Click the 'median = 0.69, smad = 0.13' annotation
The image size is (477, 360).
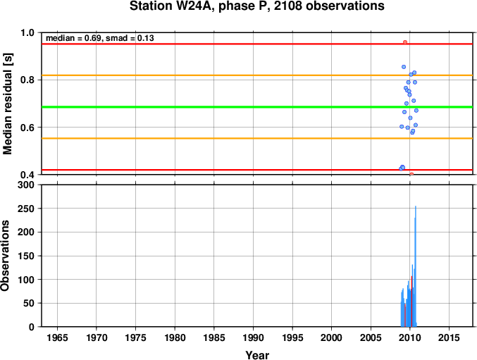coord(100,38)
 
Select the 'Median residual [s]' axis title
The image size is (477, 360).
coord(7,104)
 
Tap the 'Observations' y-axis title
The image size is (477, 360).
coord(5,256)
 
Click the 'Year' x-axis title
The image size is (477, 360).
coord(257,355)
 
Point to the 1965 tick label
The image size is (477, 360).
coord(57,337)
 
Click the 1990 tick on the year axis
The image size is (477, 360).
coord(254,337)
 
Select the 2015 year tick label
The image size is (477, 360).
coord(450,337)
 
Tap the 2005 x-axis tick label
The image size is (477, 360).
coord(371,337)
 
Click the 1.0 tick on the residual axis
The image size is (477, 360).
coord(27,32)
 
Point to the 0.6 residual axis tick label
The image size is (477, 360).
coord(27,128)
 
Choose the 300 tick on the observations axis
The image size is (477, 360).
coord(26,185)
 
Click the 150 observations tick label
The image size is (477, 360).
coord(26,256)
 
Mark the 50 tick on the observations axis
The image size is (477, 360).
coord(29,304)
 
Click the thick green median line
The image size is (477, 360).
coord(257,107)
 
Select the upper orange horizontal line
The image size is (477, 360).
coord(257,75)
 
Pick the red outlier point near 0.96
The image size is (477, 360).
coord(405,42)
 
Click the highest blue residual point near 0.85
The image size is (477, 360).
coord(404,67)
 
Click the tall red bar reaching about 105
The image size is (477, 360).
coord(411,302)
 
